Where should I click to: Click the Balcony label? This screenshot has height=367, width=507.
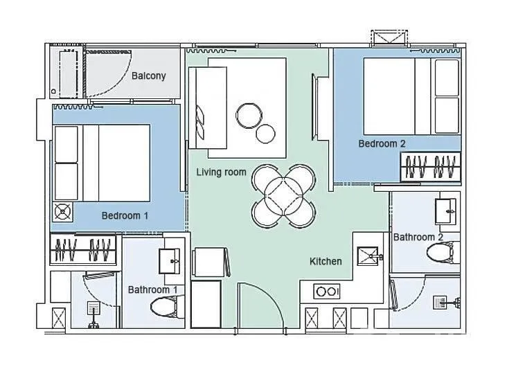[148, 76]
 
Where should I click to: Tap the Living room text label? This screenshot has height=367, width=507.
[221, 172]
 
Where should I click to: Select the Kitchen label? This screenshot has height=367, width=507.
[326, 261]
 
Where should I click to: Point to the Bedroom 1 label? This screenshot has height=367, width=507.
[125, 215]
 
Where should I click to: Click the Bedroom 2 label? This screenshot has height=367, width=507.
[382, 143]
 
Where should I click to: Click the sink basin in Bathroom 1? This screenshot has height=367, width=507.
[170, 260]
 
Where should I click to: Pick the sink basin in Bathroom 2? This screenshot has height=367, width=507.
[445, 211]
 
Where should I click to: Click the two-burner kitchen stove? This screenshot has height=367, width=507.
[326, 292]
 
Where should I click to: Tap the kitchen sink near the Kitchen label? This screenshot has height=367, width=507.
[369, 256]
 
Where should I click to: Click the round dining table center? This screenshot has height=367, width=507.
[283, 197]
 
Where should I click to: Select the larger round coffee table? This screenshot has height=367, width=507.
[249, 116]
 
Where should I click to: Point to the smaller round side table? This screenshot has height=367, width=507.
[265, 134]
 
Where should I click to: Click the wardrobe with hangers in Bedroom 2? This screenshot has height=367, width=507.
[431, 166]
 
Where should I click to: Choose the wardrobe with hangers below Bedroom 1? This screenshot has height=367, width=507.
[83, 249]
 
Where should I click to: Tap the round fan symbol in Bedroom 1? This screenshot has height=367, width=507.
[62, 212]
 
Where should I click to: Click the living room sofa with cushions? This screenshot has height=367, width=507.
[208, 107]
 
